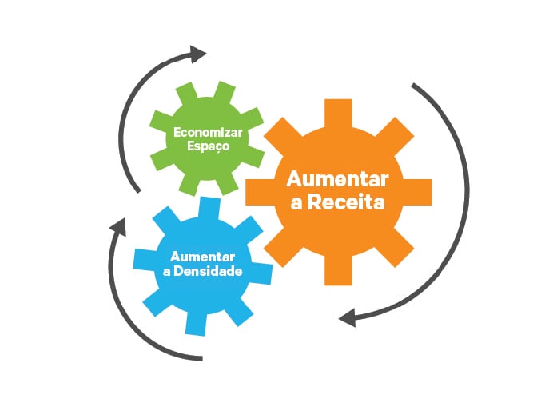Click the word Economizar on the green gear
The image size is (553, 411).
click(x=208, y=133)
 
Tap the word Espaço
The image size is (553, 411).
click(x=208, y=146)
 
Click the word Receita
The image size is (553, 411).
click(x=345, y=202)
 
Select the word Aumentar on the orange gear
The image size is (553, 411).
click(x=337, y=179)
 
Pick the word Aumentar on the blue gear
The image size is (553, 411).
click(x=202, y=257)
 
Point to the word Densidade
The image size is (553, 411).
click(x=208, y=271)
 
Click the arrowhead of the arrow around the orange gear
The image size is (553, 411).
click(x=348, y=317)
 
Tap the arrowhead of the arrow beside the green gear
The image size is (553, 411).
click(x=197, y=54)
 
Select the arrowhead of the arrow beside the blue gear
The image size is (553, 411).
click(x=118, y=225)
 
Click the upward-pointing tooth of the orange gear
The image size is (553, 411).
click(x=338, y=112)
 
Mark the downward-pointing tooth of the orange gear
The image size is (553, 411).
click(x=338, y=271)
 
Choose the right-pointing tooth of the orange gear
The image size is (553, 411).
click(x=418, y=192)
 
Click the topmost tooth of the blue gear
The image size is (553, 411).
click(x=210, y=208)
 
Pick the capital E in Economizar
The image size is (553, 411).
click(x=177, y=133)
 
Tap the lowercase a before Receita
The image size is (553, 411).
click(x=296, y=204)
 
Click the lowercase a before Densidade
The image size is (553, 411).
click(x=167, y=272)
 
